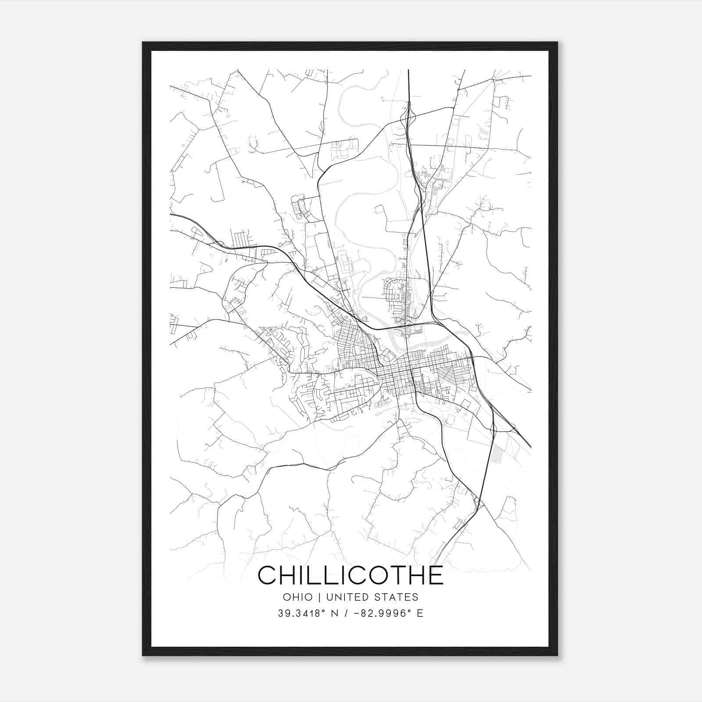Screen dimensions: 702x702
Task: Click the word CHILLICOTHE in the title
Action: pos(351,575)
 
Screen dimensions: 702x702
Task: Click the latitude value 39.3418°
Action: pos(302,613)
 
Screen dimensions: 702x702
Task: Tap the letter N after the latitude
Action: pos(335,613)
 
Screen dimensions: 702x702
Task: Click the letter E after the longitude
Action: pos(420,613)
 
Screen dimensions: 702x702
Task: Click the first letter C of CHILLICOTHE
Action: pos(267,575)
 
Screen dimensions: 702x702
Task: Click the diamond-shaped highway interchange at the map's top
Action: pos(409,115)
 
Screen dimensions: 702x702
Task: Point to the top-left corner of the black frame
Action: pos(143,43)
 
